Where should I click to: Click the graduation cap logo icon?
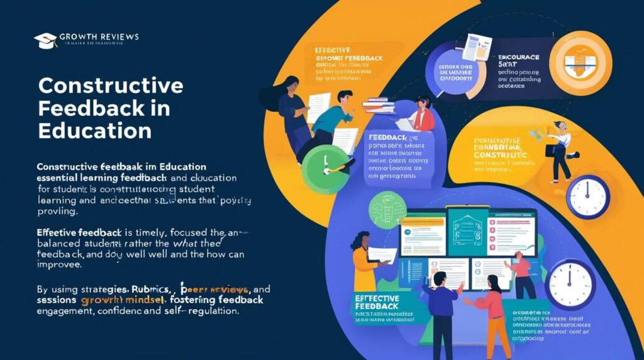(x=45, y=40)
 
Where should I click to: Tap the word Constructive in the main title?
(x=111, y=86)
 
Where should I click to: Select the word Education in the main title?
(x=94, y=130)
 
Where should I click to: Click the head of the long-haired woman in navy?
(x=291, y=84)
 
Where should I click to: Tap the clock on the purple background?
(x=569, y=284)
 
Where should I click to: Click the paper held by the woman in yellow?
(x=382, y=254)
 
